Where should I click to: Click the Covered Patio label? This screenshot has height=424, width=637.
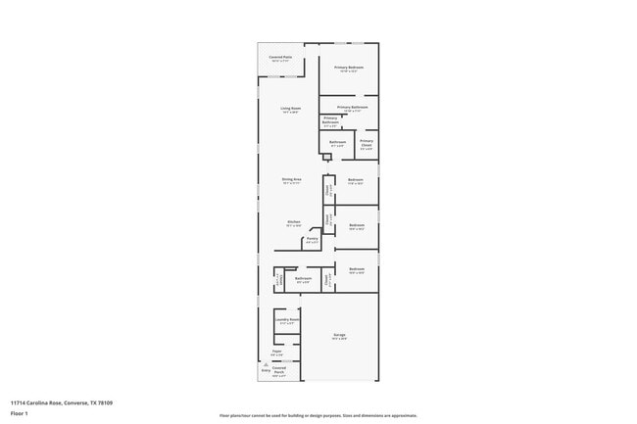click(280, 58)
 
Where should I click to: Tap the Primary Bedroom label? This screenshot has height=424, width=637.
click(348, 68)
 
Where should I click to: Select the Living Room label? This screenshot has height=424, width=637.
click(290, 109)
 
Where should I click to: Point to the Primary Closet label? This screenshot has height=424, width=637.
click(366, 143)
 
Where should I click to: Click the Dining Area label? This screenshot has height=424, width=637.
click(291, 180)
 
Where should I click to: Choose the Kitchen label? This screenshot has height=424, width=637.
click(293, 222)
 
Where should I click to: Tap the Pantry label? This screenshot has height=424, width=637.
click(312, 238)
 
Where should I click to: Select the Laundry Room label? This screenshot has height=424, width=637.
click(287, 319)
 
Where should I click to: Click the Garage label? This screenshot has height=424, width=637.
click(339, 335)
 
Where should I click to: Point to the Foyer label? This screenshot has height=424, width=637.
click(277, 351)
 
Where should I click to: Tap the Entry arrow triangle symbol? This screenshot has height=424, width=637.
click(266, 363)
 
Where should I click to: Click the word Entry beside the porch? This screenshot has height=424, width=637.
click(266, 370)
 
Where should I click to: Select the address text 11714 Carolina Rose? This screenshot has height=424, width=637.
click(37, 401)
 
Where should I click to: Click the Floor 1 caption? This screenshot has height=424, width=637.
click(19, 413)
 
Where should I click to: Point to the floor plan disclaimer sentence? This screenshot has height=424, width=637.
click(318, 415)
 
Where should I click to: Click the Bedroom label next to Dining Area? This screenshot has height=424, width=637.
click(356, 179)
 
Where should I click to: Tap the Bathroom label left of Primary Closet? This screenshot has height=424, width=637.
click(337, 143)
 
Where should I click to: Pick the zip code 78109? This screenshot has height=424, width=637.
click(105, 401)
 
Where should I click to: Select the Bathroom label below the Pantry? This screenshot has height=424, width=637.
click(303, 278)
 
